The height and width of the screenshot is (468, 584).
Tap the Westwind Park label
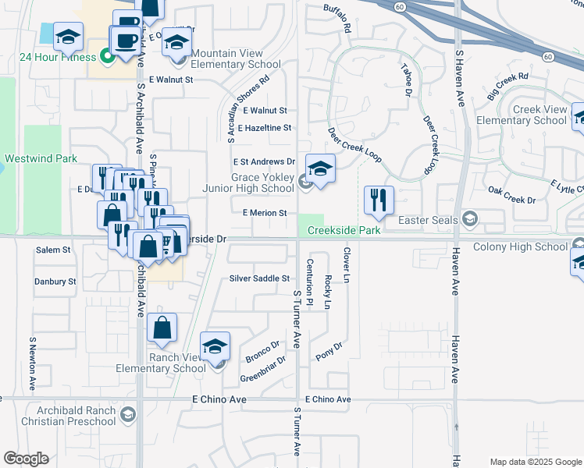pos(41,158)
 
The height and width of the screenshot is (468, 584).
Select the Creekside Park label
pos(344,230)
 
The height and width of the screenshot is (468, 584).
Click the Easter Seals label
pos(427,220)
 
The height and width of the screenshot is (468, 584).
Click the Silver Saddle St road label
pos(259,278)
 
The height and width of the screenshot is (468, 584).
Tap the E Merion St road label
pos(265,212)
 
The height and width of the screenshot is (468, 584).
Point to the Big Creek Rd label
pos(507,87)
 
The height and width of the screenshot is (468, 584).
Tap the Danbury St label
pos(56,281)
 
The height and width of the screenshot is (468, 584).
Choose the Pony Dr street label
pos(329,352)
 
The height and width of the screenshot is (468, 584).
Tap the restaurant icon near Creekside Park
pos(379,200)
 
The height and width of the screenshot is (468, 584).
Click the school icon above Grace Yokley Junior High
pos(320,168)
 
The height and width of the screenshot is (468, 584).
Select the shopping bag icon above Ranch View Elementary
pos(162,328)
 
